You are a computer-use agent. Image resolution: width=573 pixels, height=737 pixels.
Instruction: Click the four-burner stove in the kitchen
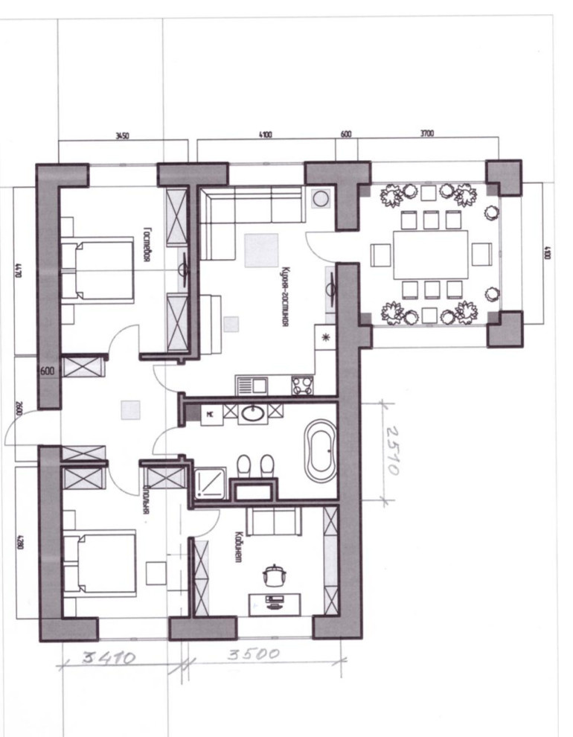point(302,384)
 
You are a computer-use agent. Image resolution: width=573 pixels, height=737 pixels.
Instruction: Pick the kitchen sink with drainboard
point(252,385)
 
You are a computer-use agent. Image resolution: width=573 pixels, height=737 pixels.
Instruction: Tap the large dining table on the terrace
point(431,254)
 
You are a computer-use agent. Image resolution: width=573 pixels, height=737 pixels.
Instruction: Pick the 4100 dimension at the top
point(265,135)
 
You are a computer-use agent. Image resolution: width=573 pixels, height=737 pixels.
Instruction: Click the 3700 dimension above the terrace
point(426,134)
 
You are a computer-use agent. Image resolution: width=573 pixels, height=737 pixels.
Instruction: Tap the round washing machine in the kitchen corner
point(321,200)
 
